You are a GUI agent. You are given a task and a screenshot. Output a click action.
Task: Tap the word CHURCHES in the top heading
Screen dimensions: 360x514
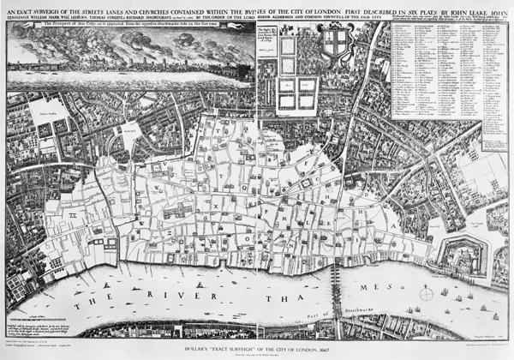pos(161,9)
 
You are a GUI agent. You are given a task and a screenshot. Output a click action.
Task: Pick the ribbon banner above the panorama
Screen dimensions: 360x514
pos(128,27)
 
